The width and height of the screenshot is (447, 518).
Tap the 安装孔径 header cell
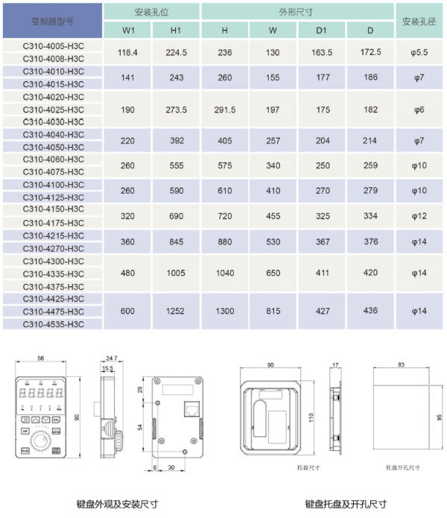(419, 22)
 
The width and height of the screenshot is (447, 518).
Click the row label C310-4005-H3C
(53, 45)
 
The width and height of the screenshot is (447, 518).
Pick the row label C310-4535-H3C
(53, 324)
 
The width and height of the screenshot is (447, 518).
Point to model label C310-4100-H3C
(53, 184)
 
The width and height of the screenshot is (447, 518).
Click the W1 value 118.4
(128, 52)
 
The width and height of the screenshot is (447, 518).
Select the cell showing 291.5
(225, 110)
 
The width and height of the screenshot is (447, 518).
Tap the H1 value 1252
(176, 312)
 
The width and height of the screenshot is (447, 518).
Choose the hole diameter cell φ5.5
(419, 52)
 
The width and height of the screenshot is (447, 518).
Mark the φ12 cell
(419, 216)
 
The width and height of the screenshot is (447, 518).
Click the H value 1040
(225, 274)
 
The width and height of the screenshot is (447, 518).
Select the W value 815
(273, 312)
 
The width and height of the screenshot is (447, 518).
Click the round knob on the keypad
(46, 443)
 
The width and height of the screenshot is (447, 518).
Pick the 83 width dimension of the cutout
(402, 364)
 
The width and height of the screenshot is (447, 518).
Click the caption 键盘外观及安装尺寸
(117, 504)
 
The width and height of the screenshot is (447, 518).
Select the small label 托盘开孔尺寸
(402, 467)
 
